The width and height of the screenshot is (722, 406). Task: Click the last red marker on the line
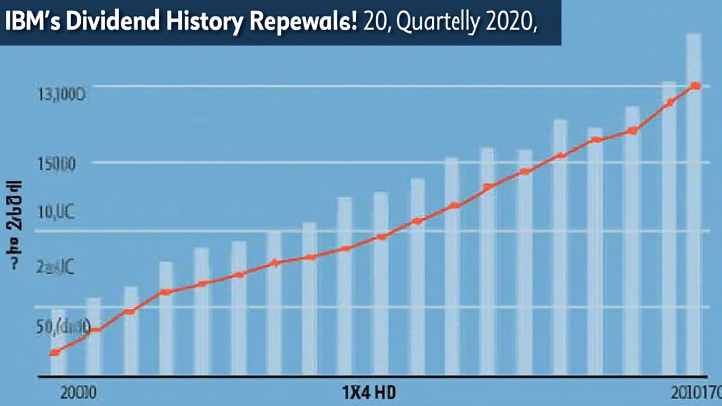click(x=696, y=86)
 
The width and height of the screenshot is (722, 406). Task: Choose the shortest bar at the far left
click(x=58, y=344)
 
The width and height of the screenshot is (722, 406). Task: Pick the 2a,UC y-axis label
click(x=56, y=269)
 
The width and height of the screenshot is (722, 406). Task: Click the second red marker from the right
click(x=669, y=103)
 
